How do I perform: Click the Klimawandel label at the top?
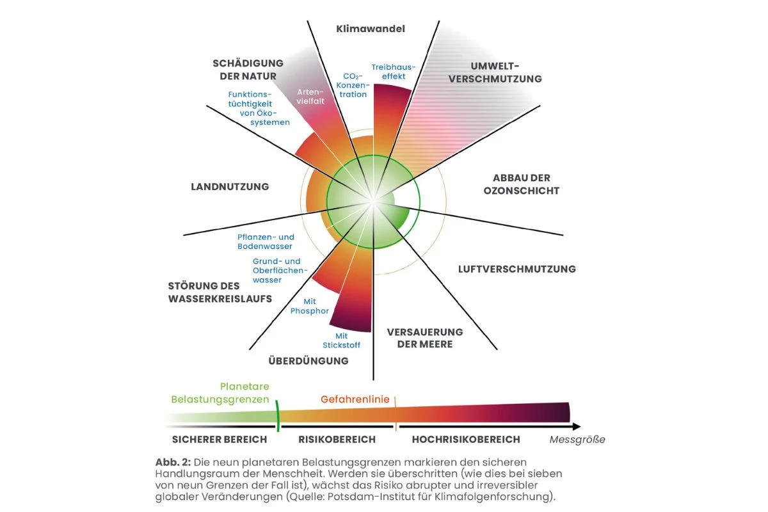[x=371, y=29]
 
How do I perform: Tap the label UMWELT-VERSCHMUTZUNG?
[x=495, y=72]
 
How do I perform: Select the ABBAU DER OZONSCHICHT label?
[x=522, y=184]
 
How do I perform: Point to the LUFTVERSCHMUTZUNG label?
[x=517, y=269]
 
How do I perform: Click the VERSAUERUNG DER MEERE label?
[x=425, y=338]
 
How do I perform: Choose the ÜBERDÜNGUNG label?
[x=308, y=360]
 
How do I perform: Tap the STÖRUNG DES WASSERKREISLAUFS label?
[x=220, y=292]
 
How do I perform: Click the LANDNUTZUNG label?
[x=230, y=187]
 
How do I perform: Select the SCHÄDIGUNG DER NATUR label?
[x=248, y=70]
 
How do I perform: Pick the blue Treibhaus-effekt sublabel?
[x=394, y=72]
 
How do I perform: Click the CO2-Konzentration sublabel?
[x=353, y=85]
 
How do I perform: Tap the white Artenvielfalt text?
[x=310, y=97]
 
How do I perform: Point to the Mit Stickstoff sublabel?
[x=342, y=340]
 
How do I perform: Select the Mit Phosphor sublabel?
[x=310, y=306]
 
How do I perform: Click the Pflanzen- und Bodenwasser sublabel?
[x=266, y=242]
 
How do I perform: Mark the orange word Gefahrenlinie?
[x=355, y=399]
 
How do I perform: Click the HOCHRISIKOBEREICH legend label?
[x=466, y=440]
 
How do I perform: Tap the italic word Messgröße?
[x=577, y=440]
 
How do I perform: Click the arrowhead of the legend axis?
[x=577, y=427]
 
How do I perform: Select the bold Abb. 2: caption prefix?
[x=173, y=462]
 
